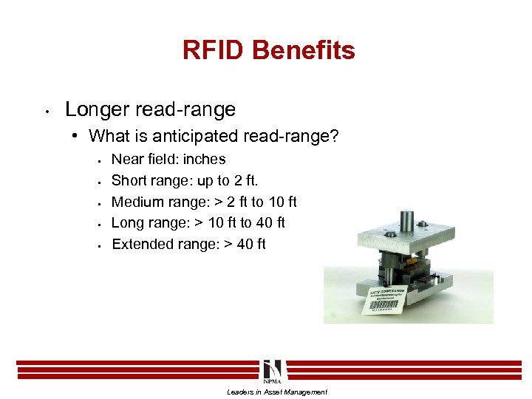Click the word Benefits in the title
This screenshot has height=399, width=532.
[x=304, y=50]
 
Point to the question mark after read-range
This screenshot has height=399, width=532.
[x=334, y=136]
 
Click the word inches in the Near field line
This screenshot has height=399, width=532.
[x=205, y=159]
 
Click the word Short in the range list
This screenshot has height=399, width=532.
[x=128, y=180]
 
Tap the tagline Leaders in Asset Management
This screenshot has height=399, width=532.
[x=276, y=392]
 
